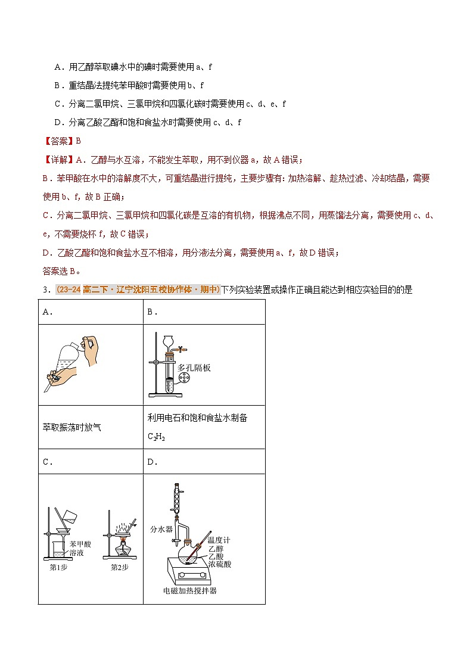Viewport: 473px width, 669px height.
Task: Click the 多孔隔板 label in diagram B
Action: point(194,368)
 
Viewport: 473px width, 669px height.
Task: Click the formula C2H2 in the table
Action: point(156,437)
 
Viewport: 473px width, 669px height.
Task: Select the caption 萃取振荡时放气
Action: point(72,427)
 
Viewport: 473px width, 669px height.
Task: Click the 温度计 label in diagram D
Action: point(219,540)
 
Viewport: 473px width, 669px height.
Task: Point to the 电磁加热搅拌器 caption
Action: point(190,591)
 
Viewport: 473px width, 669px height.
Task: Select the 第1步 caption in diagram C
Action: point(58,567)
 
